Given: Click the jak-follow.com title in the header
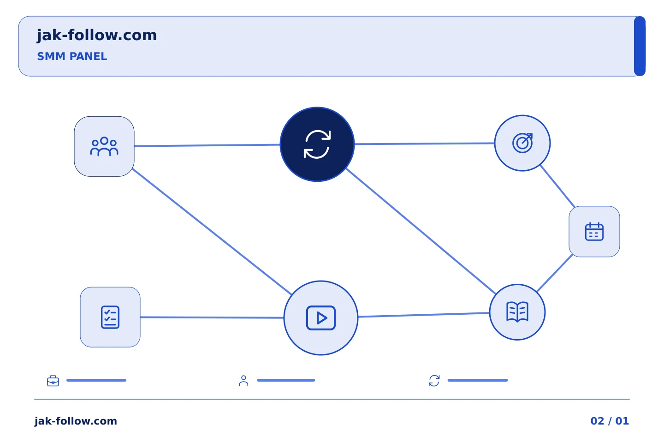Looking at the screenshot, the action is tap(97, 36).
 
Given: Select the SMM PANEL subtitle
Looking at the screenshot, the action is tap(72, 56).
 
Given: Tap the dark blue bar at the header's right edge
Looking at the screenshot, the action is tap(640, 46).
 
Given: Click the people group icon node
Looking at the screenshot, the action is tap(104, 146).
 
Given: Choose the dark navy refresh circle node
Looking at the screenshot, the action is tap(317, 144).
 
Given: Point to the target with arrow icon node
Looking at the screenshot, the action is tap(522, 143).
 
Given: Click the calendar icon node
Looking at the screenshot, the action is tap(594, 232).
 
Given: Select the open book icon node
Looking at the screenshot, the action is tap(517, 312).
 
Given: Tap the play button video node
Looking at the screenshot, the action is tap(321, 318).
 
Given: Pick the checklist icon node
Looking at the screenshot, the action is tap(110, 317).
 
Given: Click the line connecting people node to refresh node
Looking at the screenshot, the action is tap(207, 145).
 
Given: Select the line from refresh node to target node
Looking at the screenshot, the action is tap(425, 144).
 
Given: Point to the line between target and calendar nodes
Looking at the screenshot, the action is tap(557, 186).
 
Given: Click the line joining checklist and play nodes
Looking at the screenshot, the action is tap(212, 317).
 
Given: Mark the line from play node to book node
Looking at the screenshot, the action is tap(424, 315).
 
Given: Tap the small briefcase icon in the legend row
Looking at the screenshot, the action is tap(53, 381).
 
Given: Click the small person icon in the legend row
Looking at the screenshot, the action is tap(243, 381).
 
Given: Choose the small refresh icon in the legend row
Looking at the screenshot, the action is tap(434, 381).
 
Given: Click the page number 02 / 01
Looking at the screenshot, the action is tap(610, 421).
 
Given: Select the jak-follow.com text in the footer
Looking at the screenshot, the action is tap(76, 421).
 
